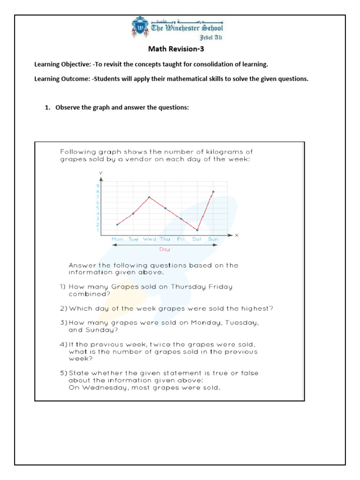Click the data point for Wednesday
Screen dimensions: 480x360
(149, 197)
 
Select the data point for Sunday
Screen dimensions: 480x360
(213, 192)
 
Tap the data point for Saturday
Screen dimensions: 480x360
(197, 230)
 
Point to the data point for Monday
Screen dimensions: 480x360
(117, 225)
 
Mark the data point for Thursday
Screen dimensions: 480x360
(165, 208)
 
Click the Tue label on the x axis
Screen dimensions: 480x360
(133, 239)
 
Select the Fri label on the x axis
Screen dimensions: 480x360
(181, 239)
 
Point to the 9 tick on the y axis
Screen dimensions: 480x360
(98, 186)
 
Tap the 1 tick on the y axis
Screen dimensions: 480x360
(98, 230)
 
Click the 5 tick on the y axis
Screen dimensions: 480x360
(98, 208)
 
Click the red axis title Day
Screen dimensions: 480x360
(164, 249)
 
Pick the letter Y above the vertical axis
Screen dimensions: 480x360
(100, 173)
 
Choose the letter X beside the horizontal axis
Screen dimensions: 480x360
(236, 235)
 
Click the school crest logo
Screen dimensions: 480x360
(140, 28)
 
